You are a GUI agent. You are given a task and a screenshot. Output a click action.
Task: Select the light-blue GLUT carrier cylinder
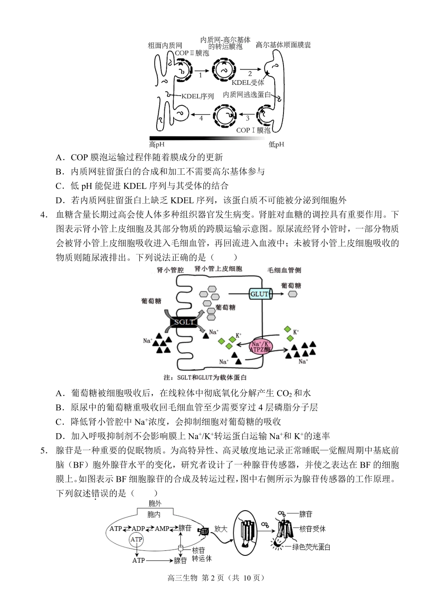[260, 294]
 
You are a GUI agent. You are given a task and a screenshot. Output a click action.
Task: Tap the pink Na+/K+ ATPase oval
[261, 346]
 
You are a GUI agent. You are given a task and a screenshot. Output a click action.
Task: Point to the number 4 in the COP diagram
[201, 118]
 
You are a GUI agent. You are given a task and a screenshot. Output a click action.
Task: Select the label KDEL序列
[197, 96]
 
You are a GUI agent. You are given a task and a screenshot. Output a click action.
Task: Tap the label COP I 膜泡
[253, 130]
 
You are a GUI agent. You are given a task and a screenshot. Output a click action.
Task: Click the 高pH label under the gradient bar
[157, 145]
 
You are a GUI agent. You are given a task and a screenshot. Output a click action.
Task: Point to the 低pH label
[276, 145]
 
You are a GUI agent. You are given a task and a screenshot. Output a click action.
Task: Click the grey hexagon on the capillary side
[292, 294]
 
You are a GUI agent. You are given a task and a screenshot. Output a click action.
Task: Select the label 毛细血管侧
[284, 270]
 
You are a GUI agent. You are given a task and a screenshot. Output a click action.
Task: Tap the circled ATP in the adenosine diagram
[136, 540]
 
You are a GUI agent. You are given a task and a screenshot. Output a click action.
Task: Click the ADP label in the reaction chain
[138, 528]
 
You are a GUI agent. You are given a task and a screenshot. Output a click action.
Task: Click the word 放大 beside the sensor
[221, 529]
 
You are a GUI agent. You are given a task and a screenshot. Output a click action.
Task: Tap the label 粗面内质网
[165, 45]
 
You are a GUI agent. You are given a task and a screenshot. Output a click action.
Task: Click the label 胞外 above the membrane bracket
[155, 503]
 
